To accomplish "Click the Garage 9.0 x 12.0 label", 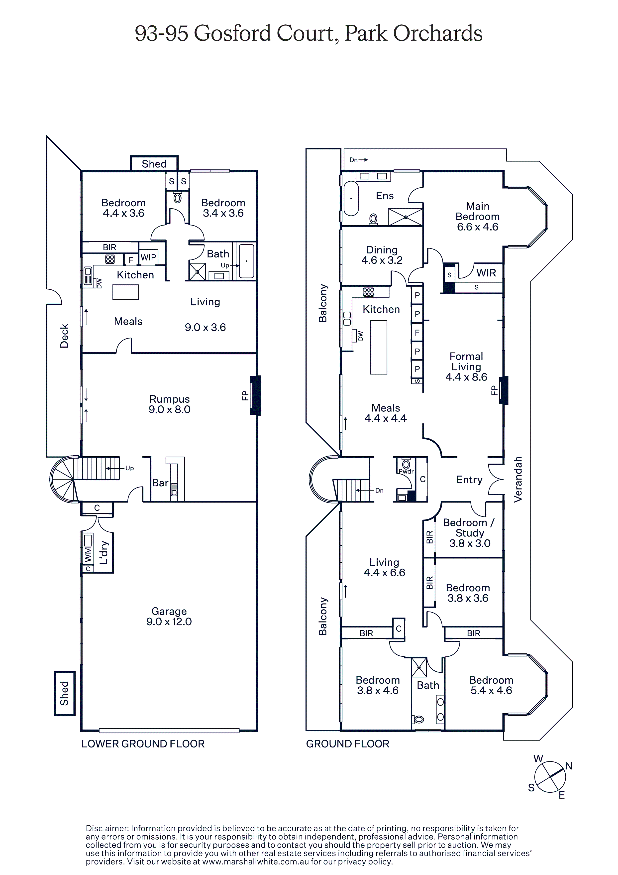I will [x=169, y=616].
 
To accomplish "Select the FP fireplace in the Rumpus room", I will [x=255, y=395].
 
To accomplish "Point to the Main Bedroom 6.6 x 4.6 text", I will [x=477, y=217].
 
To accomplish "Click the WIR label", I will [x=486, y=273].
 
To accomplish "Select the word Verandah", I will [x=517, y=480].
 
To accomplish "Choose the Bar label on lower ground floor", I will [x=160, y=483].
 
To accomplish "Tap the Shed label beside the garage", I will [x=64, y=693].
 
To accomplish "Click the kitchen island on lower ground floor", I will [x=125, y=292].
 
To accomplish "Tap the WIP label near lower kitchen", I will [x=148, y=257].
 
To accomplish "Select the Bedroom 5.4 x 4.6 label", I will [x=491, y=685].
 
